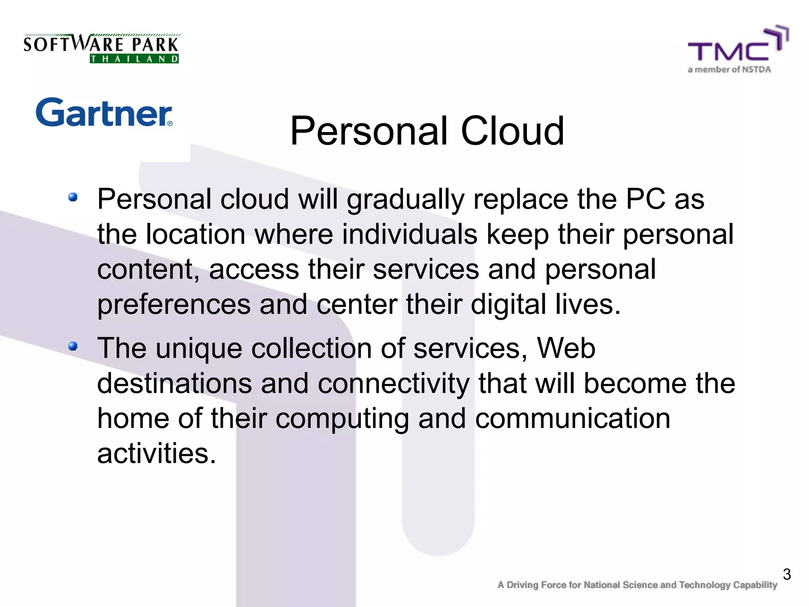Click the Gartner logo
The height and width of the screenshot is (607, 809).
[x=104, y=113]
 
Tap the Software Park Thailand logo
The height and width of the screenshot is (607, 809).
[x=101, y=48]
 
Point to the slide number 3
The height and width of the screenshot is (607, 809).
[x=786, y=574]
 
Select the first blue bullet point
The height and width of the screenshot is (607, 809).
[x=73, y=197]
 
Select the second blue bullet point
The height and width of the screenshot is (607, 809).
[x=73, y=346]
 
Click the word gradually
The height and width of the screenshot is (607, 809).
[x=405, y=200]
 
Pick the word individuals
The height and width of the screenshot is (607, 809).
[x=409, y=234]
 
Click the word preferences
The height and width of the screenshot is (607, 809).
[x=174, y=305]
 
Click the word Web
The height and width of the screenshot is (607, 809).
[x=566, y=349]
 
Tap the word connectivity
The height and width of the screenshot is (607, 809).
[x=393, y=384]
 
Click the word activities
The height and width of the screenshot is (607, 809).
[x=156, y=453]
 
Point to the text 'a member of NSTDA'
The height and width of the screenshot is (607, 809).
[x=729, y=70]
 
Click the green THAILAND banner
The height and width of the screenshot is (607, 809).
[x=134, y=59]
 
